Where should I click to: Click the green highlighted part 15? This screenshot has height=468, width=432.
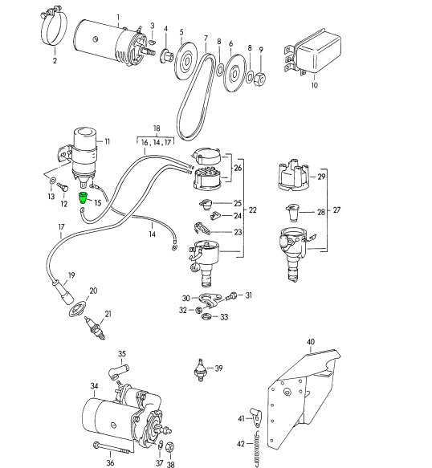pos(82,197)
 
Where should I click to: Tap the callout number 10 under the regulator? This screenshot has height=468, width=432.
pos(315,85)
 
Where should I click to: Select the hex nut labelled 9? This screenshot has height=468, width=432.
pos(260,79)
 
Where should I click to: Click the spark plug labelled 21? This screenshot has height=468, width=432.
pos(95,328)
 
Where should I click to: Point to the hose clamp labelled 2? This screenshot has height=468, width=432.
pos(54,27)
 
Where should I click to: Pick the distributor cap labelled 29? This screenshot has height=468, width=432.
pos(294,177)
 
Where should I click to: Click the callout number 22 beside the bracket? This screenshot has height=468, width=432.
pos(253,210)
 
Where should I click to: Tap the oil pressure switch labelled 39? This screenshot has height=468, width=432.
pos(200,369)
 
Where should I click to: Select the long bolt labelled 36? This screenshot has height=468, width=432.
pos(112,448)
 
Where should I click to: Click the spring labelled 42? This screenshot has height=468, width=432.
pos(257,450)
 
